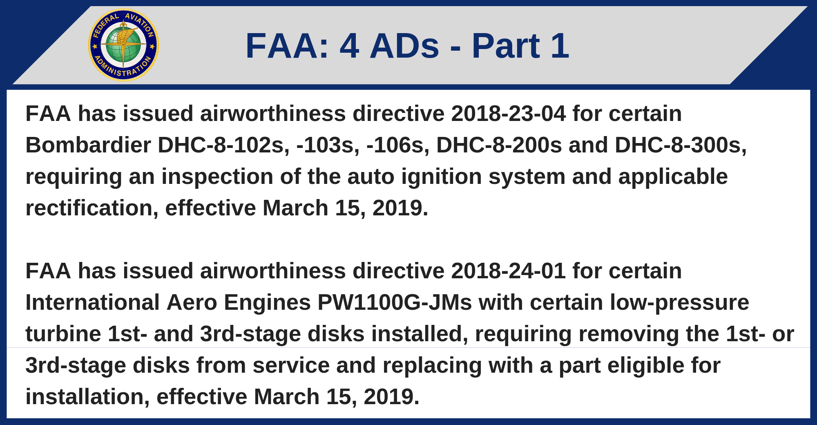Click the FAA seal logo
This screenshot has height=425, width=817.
coord(123,45)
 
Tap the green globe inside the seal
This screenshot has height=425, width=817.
coord(123,45)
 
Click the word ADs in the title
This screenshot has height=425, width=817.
coord(404,46)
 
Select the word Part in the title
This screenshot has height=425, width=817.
coord(506,46)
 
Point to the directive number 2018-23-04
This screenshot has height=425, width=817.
coord(508,114)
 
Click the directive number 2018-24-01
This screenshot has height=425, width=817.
coord(508,271)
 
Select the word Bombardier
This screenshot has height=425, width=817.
coord(88,145)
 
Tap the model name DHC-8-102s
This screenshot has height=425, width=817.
coord(223,145)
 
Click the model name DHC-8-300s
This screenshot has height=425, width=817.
coord(681,145)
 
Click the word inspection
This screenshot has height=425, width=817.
coord(217,177)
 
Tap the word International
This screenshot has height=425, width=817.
coord(92,302)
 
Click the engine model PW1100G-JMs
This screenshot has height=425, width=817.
coord(395,302)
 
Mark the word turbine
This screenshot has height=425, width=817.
coord(63,334)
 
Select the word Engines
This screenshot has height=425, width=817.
coord(267,303)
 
